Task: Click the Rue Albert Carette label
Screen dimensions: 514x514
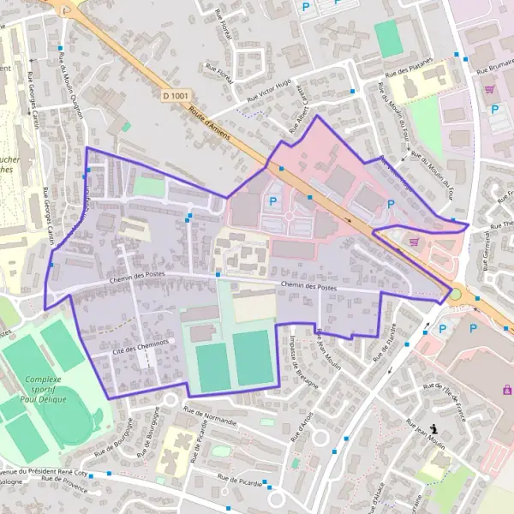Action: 302,112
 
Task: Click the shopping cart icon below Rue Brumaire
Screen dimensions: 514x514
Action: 489,88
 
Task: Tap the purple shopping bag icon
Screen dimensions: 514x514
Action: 506,390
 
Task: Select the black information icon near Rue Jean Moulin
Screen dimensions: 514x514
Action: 434,428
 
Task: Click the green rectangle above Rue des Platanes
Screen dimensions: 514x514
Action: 388,39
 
